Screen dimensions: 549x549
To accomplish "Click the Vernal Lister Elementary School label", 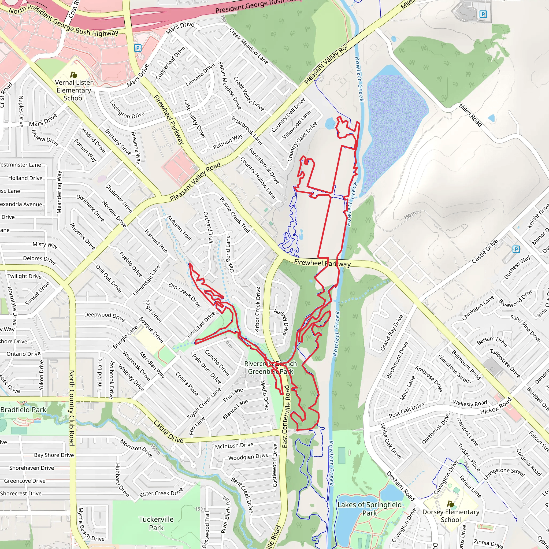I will click(x=74, y=90).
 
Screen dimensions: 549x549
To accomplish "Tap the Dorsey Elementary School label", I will click(x=451, y=516).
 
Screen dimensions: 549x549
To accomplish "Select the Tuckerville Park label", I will click(x=156, y=524).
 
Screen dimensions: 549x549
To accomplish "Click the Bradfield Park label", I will click(x=23, y=410).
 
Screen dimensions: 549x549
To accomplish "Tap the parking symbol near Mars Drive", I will click(x=138, y=48).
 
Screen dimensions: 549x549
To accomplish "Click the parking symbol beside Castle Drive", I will click(x=516, y=249).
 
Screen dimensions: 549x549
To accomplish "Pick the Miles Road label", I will click(x=470, y=115).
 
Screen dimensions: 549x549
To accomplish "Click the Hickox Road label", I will click(x=496, y=406).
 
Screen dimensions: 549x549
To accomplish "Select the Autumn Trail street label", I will click(x=179, y=228).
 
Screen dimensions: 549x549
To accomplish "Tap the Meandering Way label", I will click(x=59, y=192).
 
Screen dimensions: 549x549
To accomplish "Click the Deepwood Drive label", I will click(x=104, y=317).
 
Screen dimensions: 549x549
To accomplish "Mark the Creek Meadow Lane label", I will click(x=248, y=46).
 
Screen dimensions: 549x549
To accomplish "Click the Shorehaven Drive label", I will click(x=32, y=468).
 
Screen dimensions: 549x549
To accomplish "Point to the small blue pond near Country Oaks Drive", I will click(x=330, y=123).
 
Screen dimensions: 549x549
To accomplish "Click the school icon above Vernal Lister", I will click(x=74, y=75).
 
